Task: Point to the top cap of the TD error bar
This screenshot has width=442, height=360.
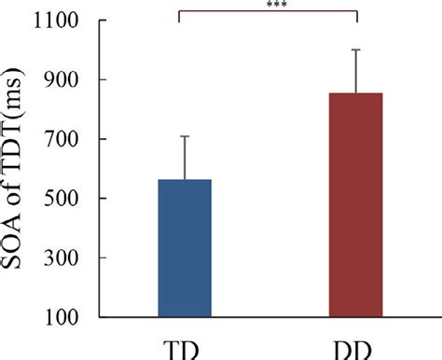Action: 185,136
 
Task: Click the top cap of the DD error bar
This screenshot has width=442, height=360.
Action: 356,49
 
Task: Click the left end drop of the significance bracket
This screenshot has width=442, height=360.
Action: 177,16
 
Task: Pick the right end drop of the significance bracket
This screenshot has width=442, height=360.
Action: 356,16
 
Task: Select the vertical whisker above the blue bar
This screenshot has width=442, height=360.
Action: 185,158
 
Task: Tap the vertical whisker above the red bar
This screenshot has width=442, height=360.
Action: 356,71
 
